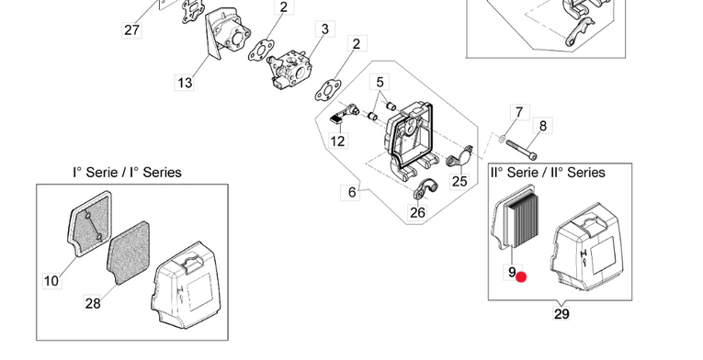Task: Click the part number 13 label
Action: coord(185,83)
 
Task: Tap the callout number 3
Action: coord(325,29)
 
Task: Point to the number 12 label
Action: coord(337,141)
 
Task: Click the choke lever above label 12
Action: coord(345,114)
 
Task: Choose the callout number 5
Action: coord(380,83)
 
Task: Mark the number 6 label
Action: coord(352,192)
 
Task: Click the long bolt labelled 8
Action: coord(521,150)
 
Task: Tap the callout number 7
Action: coord(519,113)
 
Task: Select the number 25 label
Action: coord(459,181)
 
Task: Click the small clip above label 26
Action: coord(425,189)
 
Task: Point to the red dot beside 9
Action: coord(521,277)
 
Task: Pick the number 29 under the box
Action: coord(561,314)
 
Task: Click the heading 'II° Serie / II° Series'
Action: coord(548,173)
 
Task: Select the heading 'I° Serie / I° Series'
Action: coord(128,173)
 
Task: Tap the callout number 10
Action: coord(51,281)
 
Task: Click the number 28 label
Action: coord(93,303)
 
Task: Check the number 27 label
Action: coord(131,30)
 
